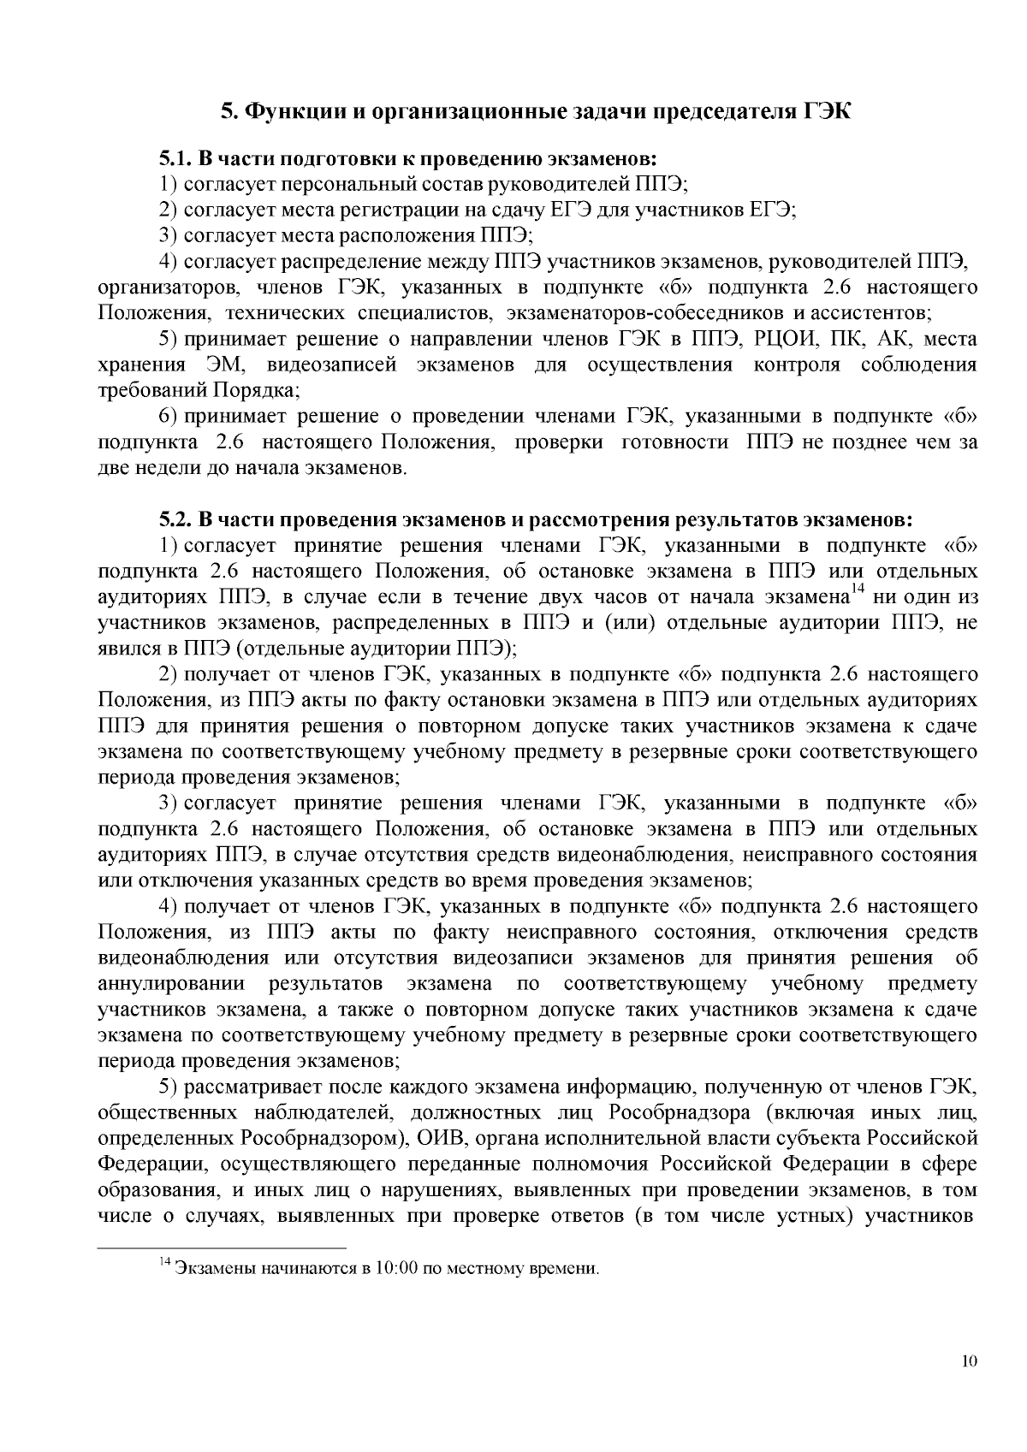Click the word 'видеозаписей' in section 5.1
[332, 365]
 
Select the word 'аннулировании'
[171, 984]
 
